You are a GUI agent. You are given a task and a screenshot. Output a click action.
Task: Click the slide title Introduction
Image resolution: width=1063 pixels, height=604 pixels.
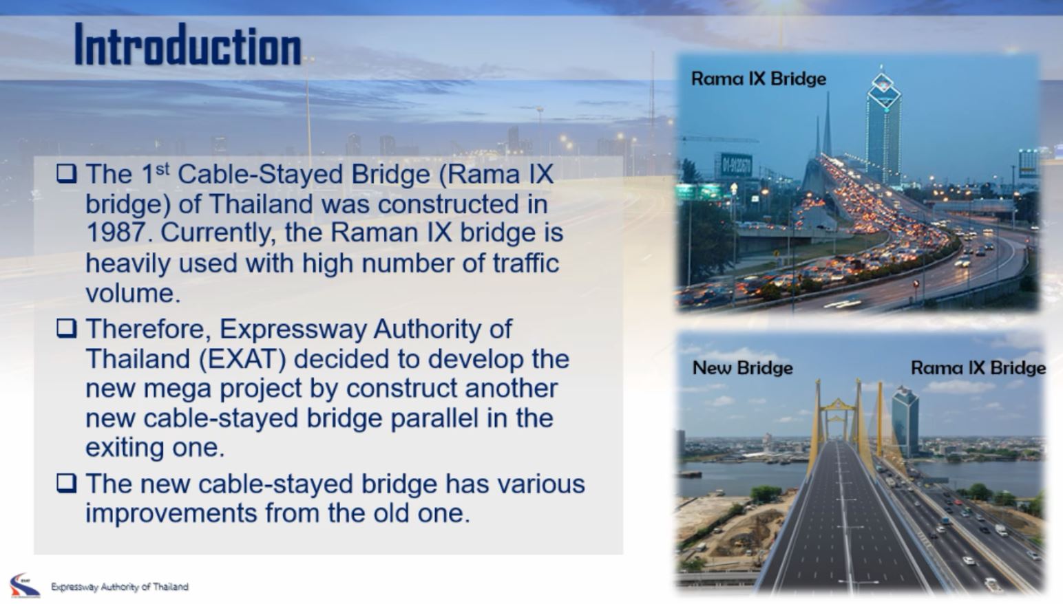[x=187, y=45]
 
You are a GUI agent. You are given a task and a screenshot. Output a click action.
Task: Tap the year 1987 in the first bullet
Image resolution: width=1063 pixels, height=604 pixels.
[x=116, y=233]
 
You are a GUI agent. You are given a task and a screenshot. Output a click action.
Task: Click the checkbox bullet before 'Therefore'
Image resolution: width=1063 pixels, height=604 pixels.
[x=66, y=329]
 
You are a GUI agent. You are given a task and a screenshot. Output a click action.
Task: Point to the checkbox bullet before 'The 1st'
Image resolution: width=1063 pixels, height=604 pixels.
[x=66, y=173]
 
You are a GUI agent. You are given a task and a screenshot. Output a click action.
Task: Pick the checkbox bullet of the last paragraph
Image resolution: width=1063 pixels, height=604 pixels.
[x=66, y=484]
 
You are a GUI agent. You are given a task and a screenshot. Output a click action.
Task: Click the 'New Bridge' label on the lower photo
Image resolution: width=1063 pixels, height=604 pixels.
[x=742, y=368]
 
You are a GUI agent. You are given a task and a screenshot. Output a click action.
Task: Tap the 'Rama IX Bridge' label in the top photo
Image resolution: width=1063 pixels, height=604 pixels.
[x=758, y=79]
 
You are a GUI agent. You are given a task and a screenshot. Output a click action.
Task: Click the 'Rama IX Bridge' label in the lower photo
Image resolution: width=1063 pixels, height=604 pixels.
[x=978, y=368]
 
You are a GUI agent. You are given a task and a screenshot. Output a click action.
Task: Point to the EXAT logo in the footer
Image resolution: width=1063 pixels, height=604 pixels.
[x=25, y=585]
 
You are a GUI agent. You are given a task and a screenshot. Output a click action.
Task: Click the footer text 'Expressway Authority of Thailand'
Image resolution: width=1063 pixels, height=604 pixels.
[x=119, y=587]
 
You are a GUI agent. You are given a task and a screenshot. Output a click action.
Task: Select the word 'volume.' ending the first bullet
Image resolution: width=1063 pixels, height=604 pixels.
[x=133, y=294]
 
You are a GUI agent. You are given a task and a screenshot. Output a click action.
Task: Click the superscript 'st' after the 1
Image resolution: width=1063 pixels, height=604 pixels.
[x=162, y=169]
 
